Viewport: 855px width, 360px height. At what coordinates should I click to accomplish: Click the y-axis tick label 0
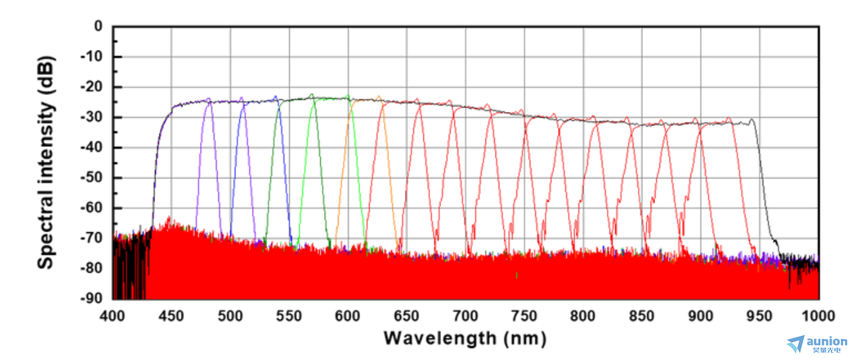coord(98,27)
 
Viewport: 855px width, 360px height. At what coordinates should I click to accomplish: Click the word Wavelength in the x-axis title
coord(440,338)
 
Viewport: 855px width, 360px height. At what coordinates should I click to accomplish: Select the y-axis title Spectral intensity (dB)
coord(46,163)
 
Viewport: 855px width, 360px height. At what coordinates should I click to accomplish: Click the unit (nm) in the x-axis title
coord(525,338)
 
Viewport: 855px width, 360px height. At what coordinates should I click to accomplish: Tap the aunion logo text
coord(827,342)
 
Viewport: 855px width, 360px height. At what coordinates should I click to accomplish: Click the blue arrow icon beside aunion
coord(796,344)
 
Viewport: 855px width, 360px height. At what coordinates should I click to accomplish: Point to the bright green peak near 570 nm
coord(311,95)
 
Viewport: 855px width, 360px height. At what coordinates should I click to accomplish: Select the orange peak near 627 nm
coord(378,97)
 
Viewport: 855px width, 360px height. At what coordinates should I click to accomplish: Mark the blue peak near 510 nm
coord(242,98)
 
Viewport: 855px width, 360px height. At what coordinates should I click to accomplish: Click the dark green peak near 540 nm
coord(275,97)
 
